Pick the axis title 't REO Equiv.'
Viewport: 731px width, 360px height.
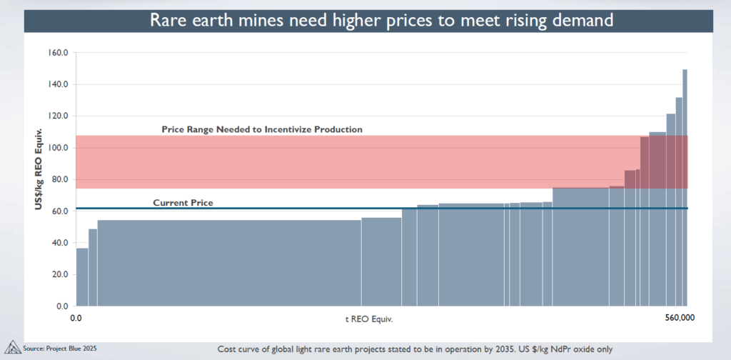pyautogui.click(x=368, y=318)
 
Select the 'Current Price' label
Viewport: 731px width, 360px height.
pyautogui.click(x=183, y=203)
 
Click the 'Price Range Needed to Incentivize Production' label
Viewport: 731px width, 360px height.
pyautogui.click(x=262, y=129)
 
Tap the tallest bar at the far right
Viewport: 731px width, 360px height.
pyautogui.click(x=685, y=186)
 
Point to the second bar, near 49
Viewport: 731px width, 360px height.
pyautogui.click(x=93, y=267)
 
